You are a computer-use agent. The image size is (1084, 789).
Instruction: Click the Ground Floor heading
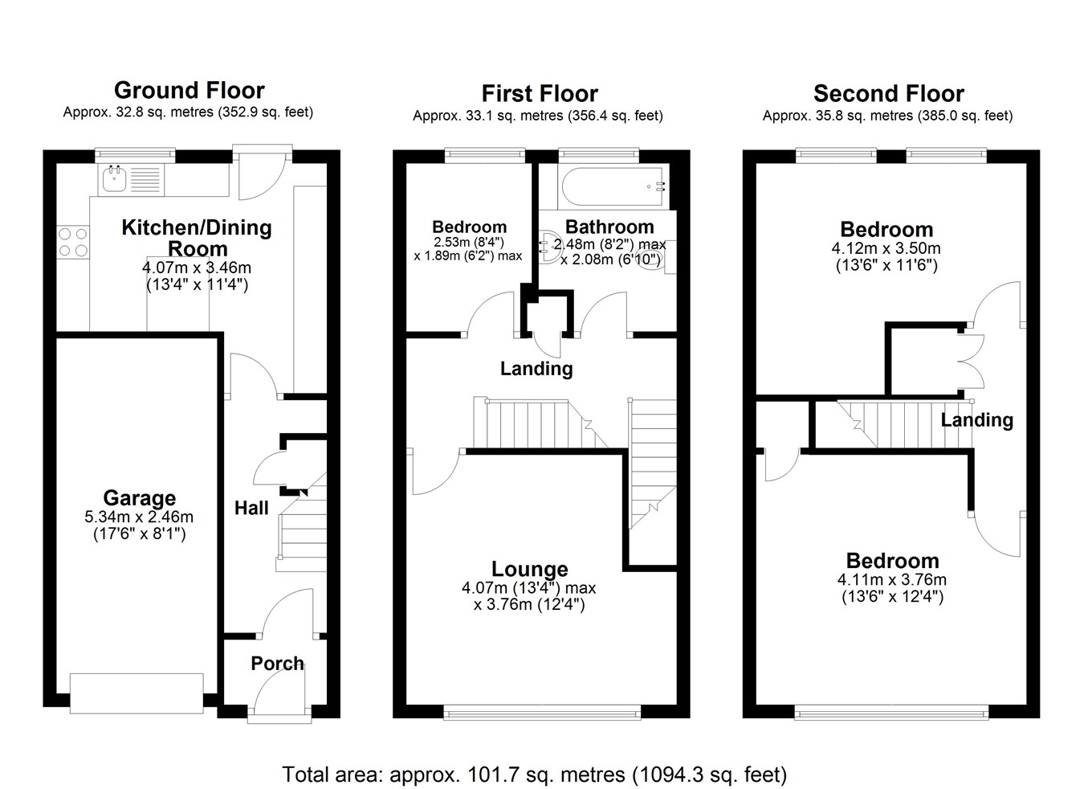[189, 91]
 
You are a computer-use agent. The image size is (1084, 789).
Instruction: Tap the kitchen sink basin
[115, 179]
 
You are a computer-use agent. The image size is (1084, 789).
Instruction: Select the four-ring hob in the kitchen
[73, 242]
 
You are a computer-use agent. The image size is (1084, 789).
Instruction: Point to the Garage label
[140, 498]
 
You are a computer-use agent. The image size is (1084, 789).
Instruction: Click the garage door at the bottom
[137, 693]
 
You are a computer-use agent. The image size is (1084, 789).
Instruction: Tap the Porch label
[277, 664]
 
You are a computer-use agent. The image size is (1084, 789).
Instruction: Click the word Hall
[251, 508]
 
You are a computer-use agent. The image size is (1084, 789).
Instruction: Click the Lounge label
[529, 569]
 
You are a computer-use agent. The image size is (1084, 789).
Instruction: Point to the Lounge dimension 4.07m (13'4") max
[529, 588]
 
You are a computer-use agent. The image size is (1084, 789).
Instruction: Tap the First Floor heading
[540, 93]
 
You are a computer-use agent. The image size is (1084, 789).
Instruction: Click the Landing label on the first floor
[536, 369]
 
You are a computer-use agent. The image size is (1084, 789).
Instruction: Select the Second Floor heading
[889, 93]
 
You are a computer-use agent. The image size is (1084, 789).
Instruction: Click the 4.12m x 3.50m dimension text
[886, 248]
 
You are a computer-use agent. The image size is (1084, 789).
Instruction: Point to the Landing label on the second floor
[976, 420]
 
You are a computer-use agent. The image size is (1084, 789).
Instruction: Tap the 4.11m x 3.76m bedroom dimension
[892, 580]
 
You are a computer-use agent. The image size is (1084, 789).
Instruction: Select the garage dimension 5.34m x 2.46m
[139, 517]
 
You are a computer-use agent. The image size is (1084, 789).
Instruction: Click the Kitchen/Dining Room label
[197, 238]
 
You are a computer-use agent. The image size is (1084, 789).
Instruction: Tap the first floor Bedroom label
[469, 227]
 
